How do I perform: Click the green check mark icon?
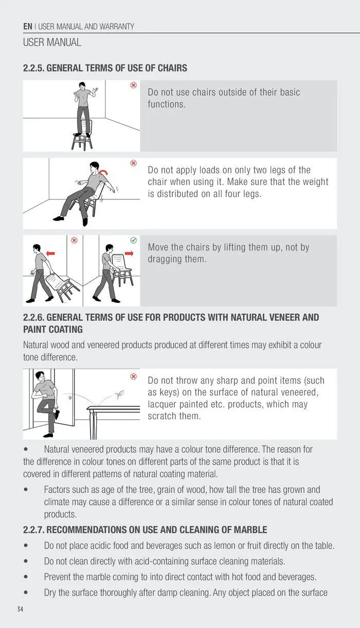tap(134, 240)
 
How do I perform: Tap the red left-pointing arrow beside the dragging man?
tap(50, 254)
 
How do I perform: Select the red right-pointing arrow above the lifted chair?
tap(129, 254)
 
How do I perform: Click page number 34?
tap(20, 609)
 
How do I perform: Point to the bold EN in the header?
tap(28, 27)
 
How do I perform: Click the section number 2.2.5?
tap(33, 68)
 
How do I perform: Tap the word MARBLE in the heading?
tap(250, 530)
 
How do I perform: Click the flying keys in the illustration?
tap(119, 394)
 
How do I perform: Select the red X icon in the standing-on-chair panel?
tap(134, 85)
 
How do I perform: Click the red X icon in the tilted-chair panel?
tap(134, 163)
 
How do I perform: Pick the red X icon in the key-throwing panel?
tap(134, 376)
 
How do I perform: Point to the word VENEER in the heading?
tap(284, 317)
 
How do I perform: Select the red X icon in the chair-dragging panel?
tap(74, 240)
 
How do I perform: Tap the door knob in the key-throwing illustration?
tap(70, 398)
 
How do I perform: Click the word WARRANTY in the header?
tap(117, 27)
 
